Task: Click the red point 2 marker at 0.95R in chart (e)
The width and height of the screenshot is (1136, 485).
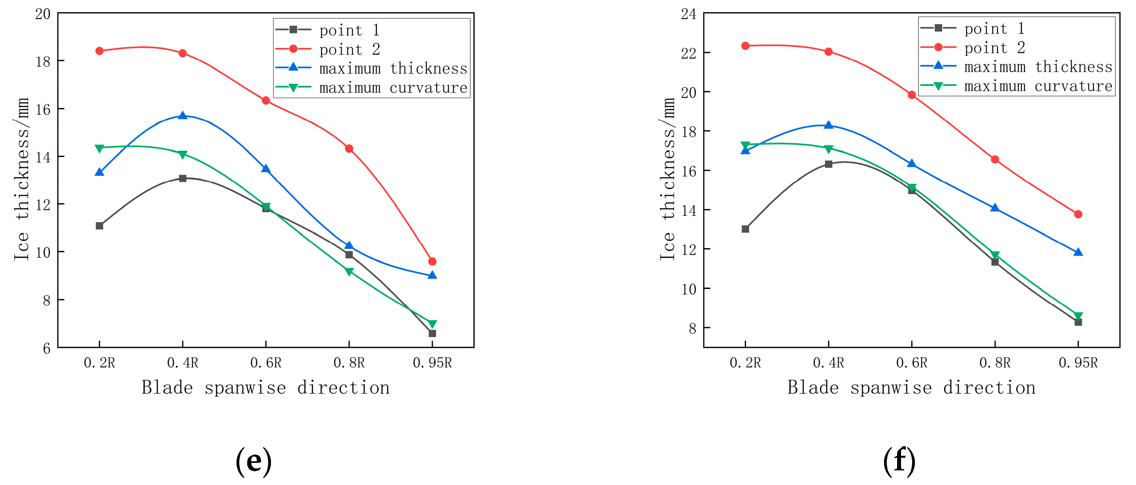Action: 432,261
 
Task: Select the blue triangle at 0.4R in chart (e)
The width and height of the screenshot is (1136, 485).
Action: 183,115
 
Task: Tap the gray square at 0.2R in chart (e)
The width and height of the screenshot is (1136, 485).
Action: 100,226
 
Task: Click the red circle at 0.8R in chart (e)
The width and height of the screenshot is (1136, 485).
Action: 349,149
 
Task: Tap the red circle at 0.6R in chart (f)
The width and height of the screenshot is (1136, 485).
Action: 912,95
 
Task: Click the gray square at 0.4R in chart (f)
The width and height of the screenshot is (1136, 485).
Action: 828,164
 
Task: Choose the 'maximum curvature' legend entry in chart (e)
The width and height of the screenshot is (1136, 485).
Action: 392,88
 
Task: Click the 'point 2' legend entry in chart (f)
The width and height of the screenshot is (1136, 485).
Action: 994,47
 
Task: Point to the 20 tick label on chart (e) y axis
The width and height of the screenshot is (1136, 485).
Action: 43,14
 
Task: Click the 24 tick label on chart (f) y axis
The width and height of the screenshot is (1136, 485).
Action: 688,14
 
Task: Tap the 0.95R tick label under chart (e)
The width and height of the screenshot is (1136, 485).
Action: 432,362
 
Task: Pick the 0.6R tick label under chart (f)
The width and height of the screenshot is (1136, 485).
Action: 912,362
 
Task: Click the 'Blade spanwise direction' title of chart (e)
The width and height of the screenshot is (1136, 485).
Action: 265,388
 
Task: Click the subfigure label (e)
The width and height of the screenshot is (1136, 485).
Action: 254,461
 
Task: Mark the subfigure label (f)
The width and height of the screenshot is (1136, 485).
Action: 899,461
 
